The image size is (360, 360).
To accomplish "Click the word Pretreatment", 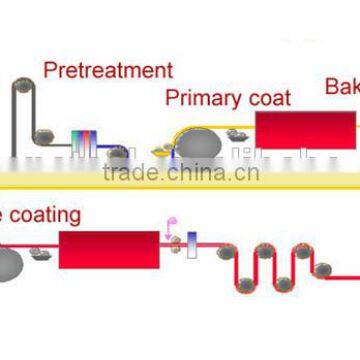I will tap(107, 71).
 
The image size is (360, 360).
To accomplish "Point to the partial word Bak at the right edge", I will tap(341, 87).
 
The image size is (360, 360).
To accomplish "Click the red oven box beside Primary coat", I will tap(305, 130).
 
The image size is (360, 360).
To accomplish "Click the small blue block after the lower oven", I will tap(194, 243).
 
